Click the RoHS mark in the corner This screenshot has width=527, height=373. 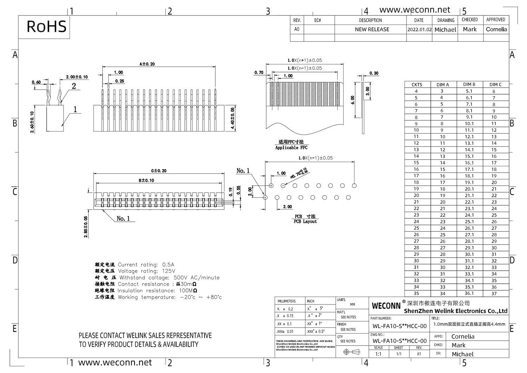click(46, 27)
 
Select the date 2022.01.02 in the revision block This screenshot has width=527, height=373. click(419, 30)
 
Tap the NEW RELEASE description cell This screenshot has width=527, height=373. click(372, 30)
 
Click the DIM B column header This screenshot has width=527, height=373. click(469, 84)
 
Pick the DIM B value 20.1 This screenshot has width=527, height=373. click(469, 189)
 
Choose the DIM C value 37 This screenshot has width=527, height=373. click(494, 294)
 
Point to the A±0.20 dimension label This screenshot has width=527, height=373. click(147, 64)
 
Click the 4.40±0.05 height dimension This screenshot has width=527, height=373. click(233, 118)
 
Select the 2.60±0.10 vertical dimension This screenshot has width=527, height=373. click(32, 122)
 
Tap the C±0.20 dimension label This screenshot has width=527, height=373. click(159, 171)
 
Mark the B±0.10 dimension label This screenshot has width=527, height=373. click(147, 180)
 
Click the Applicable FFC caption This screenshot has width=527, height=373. click(291, 148)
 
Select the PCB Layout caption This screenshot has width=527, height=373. click(305, 221)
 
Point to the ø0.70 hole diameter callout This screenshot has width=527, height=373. click(299, 173)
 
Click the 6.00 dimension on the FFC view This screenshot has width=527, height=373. click(353, 100)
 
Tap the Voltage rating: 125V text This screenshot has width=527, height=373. click(147, 271)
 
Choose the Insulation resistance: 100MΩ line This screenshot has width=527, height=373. click(157, 291)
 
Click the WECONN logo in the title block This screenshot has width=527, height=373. click(386, 306)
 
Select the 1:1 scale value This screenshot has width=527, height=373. click(378, 354)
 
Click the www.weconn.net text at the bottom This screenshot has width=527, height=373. click(115, 362)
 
